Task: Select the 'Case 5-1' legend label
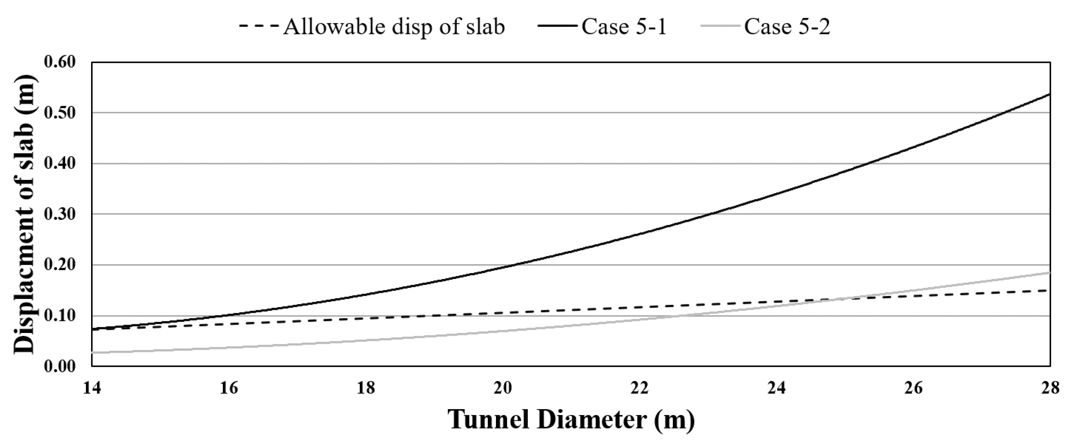click(624, 27)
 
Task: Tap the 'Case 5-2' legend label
click(787, 27)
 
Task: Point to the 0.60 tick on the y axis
click(60, 62)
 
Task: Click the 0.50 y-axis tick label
click(60, 113)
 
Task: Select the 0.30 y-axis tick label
click(60, 214)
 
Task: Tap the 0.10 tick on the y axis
click(60, 315)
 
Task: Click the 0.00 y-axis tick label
click(60, 366)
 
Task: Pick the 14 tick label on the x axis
click(92, 388)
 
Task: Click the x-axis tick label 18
click(366, 388)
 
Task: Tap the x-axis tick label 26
click(913, 388)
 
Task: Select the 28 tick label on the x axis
click(1050, 388)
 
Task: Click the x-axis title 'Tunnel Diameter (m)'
click(571, 419)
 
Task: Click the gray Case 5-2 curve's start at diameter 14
click(92, 352)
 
